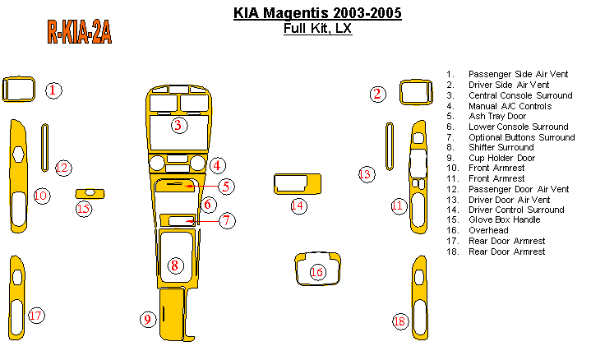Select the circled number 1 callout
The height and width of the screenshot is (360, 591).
[x=53, y=90]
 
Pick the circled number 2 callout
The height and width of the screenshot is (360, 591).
[x=377, y=94]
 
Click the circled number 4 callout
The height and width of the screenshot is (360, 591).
[x=217, y=165]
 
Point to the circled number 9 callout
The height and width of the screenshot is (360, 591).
[x=147, y=319]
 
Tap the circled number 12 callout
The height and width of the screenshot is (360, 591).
[x=63, y=168]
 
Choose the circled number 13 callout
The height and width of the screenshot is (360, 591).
[x=366, y=174]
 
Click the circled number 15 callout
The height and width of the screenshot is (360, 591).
[x=83, y=208]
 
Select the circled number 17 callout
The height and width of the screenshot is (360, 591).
[x=35, y=316]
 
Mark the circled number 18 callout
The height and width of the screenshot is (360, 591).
[x=399, y=321]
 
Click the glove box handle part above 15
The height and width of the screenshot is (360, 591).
[x=90, y=194]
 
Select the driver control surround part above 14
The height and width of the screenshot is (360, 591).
[x=296, y=184]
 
